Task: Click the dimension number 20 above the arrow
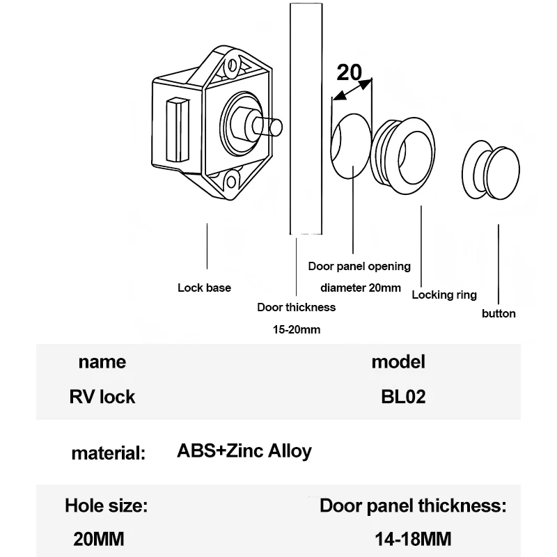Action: (350, 72)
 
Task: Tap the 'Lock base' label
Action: (204, 288)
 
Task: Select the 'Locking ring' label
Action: (444, 295)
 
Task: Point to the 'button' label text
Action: (499, 314)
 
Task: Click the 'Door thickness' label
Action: (297, 307)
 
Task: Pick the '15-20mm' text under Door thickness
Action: (297, 329)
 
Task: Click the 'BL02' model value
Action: (403, 397)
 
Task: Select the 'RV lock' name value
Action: (102, 397)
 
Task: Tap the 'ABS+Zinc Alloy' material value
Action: (244, 451)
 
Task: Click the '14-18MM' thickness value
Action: (413, 539)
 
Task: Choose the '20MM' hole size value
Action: (99, 539)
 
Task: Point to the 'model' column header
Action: (398, 362)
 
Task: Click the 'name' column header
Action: (102, 362)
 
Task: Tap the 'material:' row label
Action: (109, 453)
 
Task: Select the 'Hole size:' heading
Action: (107, 505)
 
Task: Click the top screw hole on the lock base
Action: (233, 65)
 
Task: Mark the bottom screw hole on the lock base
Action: (231, 182)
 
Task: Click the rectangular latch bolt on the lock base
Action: (178, 130)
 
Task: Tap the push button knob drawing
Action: (491, 169)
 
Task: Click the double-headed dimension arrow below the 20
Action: (352, 91)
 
